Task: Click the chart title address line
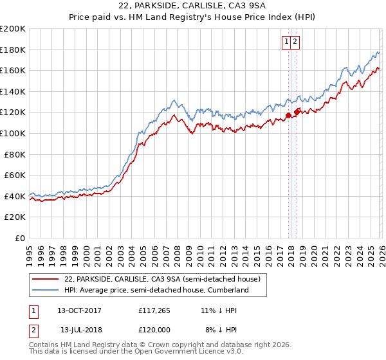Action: point(192,6)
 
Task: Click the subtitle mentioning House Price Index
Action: point(192,17)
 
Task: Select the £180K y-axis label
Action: point(13,50)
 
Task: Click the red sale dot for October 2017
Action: point(288,116)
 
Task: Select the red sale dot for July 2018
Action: point(297,113)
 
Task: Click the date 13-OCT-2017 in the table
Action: point(79,310)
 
